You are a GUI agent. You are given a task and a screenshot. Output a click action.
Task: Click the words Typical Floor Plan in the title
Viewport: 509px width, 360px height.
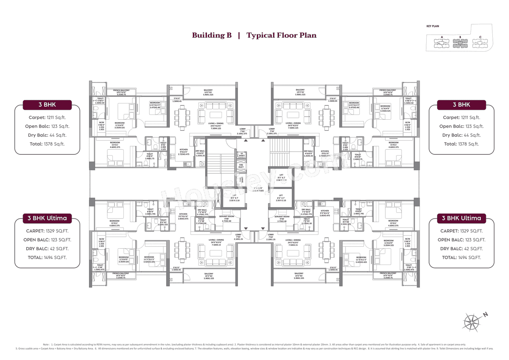(x=281, y=35)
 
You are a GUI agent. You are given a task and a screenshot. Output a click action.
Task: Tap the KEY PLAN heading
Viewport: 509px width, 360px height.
(x=432, y=26)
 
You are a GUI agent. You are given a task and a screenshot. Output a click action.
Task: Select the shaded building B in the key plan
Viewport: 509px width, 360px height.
(x=460, y=44)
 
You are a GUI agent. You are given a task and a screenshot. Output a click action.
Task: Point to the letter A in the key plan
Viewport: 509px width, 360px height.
(x=442, y=37)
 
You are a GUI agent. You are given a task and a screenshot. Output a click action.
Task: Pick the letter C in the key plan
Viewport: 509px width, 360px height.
(x=480, y=37)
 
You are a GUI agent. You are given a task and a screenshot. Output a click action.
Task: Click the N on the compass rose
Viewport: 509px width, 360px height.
(x=485, y=314)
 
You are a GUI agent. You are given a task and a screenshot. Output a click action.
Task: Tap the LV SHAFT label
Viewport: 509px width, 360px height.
(x=241, y=155)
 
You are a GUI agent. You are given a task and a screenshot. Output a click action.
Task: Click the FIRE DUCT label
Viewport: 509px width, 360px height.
(x=241, y=166)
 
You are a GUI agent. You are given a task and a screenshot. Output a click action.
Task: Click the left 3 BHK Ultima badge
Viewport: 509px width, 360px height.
(x=47, y=218)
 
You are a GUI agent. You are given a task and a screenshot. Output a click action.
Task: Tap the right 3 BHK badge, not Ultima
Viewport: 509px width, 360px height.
(x=461, y=105)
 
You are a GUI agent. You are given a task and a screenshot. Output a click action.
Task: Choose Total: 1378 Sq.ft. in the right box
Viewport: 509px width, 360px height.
(x=461, y=144)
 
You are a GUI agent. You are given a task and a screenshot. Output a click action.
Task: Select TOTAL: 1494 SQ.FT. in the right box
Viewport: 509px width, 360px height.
(x=461, y=257)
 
